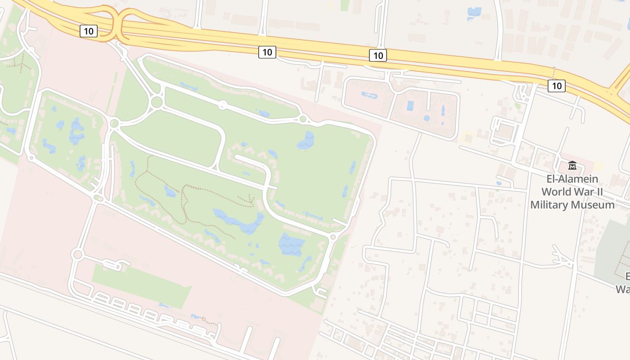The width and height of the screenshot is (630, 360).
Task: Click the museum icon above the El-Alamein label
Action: [572, 166]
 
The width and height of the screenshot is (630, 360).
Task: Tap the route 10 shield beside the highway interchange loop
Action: [89, 31]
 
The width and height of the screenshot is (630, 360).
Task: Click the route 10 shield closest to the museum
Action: [557, 85]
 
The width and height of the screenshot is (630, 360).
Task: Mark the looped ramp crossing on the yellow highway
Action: [118, 25]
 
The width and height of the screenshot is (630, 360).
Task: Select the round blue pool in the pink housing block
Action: [427, 118]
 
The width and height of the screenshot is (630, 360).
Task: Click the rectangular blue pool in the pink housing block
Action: [410, 106]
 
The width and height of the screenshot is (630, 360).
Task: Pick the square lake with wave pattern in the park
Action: [291, 244]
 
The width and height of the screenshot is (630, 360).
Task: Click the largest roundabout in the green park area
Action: [157, 102]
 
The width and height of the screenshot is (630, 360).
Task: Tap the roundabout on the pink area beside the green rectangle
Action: [77, 255]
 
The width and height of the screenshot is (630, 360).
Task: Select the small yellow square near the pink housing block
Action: [466, 135]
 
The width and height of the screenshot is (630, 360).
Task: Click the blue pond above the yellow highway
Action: [474, 12]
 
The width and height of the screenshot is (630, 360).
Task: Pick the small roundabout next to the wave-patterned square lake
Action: [333, 237]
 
